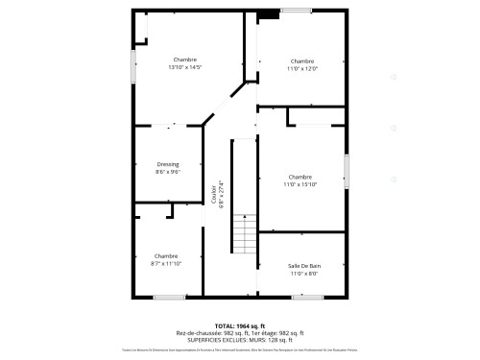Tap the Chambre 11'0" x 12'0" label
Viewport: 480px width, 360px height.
[302, 64]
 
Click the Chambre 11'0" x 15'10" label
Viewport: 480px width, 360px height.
[300, 180]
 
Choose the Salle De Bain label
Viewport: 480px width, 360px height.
[302, 269]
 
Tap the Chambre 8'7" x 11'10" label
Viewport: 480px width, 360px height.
[166, 259]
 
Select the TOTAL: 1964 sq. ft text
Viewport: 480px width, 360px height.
[239, 325]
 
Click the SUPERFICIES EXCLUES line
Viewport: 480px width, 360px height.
[239, 339]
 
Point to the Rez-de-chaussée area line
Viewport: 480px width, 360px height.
[239, 332]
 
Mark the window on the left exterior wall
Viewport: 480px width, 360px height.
[132, 67]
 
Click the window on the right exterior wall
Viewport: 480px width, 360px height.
[348, 170]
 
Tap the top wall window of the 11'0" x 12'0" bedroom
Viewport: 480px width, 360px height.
[297, 11]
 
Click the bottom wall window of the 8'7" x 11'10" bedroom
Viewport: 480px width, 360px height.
[169, 297]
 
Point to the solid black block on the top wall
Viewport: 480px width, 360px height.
[270, 12]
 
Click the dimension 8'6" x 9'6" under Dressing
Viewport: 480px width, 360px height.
[167, 172]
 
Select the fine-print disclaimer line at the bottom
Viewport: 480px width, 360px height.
[239, 352]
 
